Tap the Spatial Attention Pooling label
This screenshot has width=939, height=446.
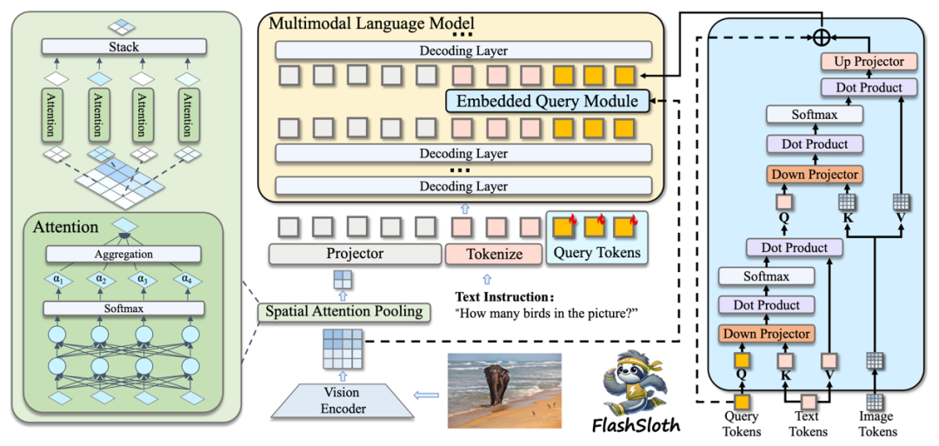click(345, 311)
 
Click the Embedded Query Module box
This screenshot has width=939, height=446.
click(548, 102)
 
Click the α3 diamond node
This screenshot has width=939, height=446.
click(142, 279)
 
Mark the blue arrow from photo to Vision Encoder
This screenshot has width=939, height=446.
click(426, 396)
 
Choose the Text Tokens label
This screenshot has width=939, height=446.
click(808, 424)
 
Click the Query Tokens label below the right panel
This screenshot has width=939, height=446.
click(741, 424)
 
